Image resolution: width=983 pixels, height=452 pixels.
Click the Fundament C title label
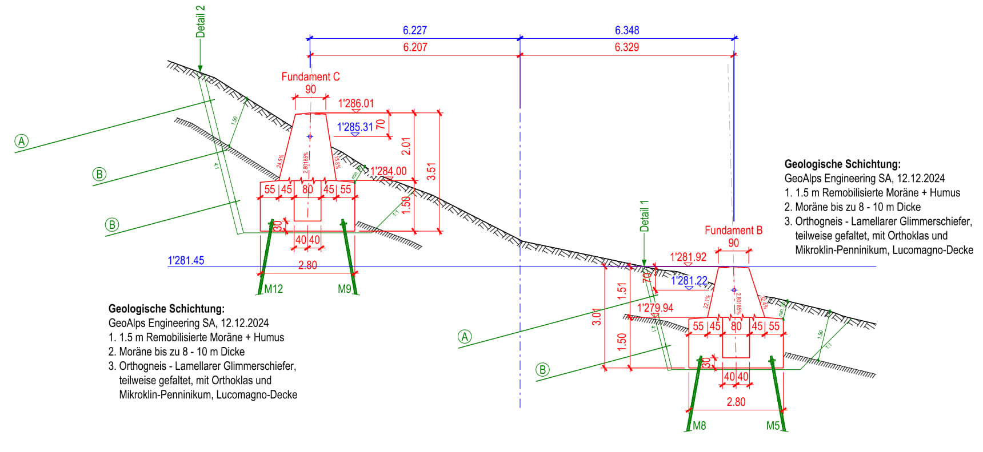(310, 76)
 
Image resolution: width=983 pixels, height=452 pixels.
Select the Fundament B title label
(733, 231)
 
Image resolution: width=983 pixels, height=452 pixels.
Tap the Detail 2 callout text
(200, 22)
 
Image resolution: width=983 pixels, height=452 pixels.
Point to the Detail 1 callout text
(645, 216)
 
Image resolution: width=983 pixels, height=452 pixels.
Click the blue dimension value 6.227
(415, 30)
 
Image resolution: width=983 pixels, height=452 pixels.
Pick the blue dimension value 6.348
(627, 30)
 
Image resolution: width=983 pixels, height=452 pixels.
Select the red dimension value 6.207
(415, 47)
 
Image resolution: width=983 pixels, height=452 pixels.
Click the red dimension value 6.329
(627, 47)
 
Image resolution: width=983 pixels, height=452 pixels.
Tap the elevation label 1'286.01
(356, 103)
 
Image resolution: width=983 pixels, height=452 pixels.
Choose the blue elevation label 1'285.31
(355, 127)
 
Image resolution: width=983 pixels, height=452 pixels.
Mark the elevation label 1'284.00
(389, 171)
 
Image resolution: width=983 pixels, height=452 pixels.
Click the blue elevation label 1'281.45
(186, 261)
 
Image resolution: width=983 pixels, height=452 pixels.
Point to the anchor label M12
(274, 289)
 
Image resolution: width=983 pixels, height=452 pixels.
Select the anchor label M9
(344, 289)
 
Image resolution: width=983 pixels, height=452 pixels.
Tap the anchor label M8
(700, 426)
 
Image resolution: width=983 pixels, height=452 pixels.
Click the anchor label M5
(773, 426)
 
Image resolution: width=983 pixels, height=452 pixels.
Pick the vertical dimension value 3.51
(431, 171)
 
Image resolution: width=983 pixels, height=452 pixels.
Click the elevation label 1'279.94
(655, 308)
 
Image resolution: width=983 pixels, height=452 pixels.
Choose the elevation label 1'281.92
(688, 257)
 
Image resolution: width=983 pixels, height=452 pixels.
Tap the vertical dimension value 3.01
(597, 317)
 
